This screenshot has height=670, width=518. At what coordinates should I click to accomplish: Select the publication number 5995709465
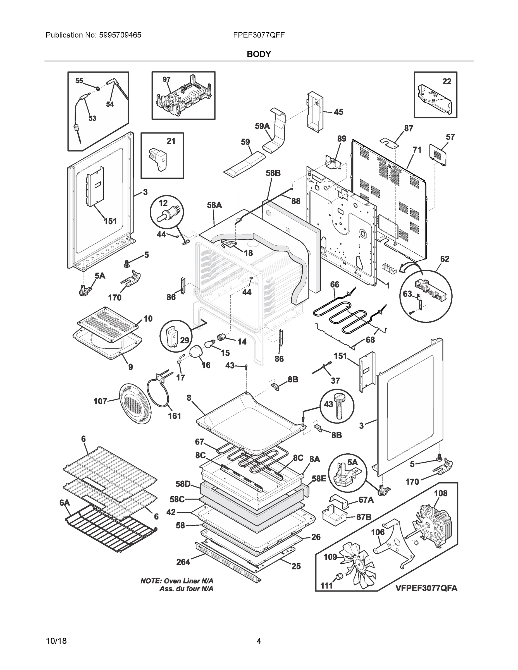pos(120,35)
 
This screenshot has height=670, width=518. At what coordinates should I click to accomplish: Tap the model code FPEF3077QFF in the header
pos(259,35)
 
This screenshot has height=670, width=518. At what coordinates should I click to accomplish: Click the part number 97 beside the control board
pos(166,80)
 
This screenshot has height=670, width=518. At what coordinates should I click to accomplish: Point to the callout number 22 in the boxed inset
pos(447,81)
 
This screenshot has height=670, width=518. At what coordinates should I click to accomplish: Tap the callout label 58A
pos(214,205)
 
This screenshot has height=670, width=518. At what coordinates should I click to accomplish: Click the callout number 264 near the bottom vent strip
pos(183,562)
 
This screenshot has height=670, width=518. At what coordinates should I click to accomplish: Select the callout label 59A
pos(262,126)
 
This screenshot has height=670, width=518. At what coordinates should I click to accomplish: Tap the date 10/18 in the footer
pos(56,641)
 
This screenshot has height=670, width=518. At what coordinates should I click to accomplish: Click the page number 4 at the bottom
pos(259,641)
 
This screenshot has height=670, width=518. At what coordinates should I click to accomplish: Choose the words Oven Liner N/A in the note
pos(189,581)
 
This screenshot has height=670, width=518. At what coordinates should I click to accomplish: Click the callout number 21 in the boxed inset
pos(171,141)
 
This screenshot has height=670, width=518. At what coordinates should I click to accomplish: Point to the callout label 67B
pos(364,517)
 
